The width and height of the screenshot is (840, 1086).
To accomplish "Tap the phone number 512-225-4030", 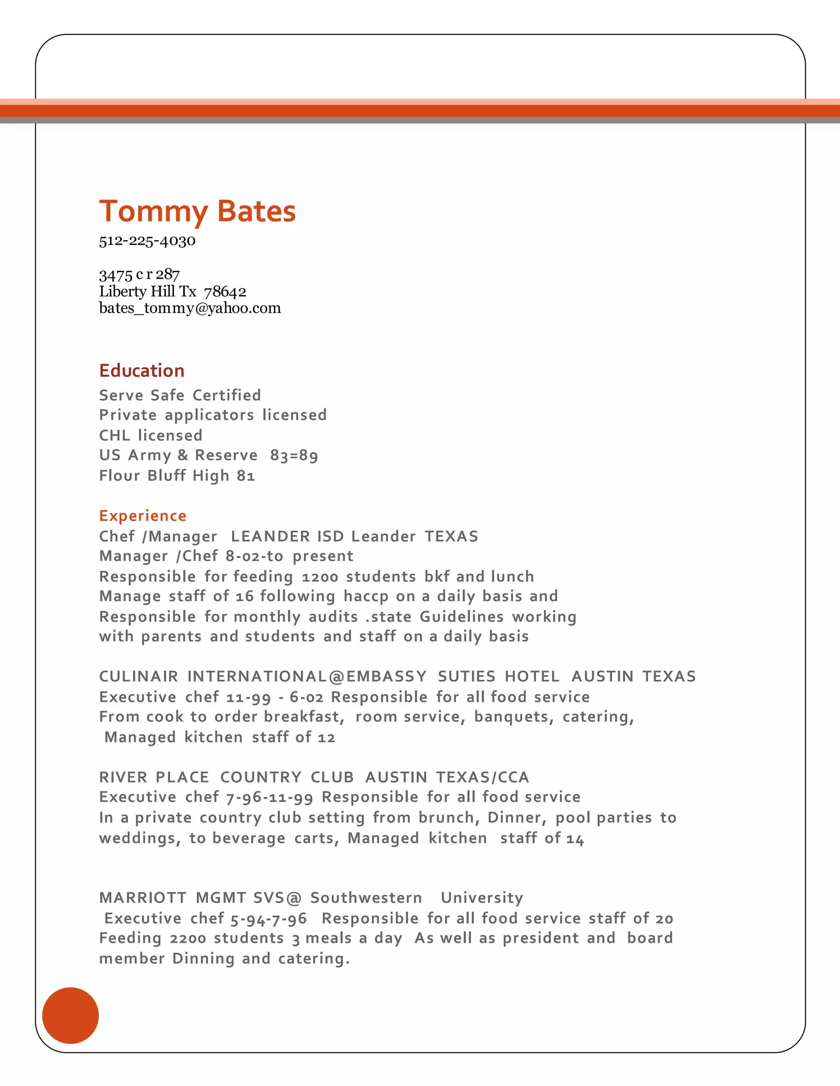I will [x=147, y=241].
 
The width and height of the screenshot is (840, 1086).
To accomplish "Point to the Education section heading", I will [x=142, y=371].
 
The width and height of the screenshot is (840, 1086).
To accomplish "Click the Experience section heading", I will [x=143, y=516].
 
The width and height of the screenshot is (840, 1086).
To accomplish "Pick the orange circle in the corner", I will [x=71, y=1016].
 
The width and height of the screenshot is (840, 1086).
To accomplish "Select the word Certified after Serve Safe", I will [x=226, y=395].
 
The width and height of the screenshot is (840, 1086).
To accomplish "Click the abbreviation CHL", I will [x=114, y=436].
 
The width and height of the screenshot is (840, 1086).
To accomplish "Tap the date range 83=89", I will [x=294, y=455].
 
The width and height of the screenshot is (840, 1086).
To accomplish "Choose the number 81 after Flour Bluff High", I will [x=246, y=476].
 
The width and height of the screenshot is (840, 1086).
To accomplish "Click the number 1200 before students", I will [x=320, y=577].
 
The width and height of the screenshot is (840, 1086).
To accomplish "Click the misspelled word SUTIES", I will [x=466, y=677].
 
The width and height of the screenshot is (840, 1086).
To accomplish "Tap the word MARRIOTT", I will [x=143, y=898].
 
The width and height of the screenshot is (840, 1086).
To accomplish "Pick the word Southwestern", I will [x=366, y=898].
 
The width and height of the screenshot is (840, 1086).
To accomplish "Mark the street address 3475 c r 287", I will [x=139, y=275].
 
